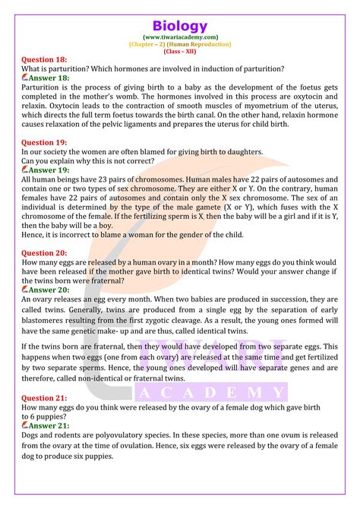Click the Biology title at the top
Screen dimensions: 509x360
179,17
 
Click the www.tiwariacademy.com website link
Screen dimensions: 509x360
179,36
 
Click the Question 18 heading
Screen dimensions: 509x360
46,60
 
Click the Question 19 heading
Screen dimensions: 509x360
46,142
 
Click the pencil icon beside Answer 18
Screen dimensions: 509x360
26,77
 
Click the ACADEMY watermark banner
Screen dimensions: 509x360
211,393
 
